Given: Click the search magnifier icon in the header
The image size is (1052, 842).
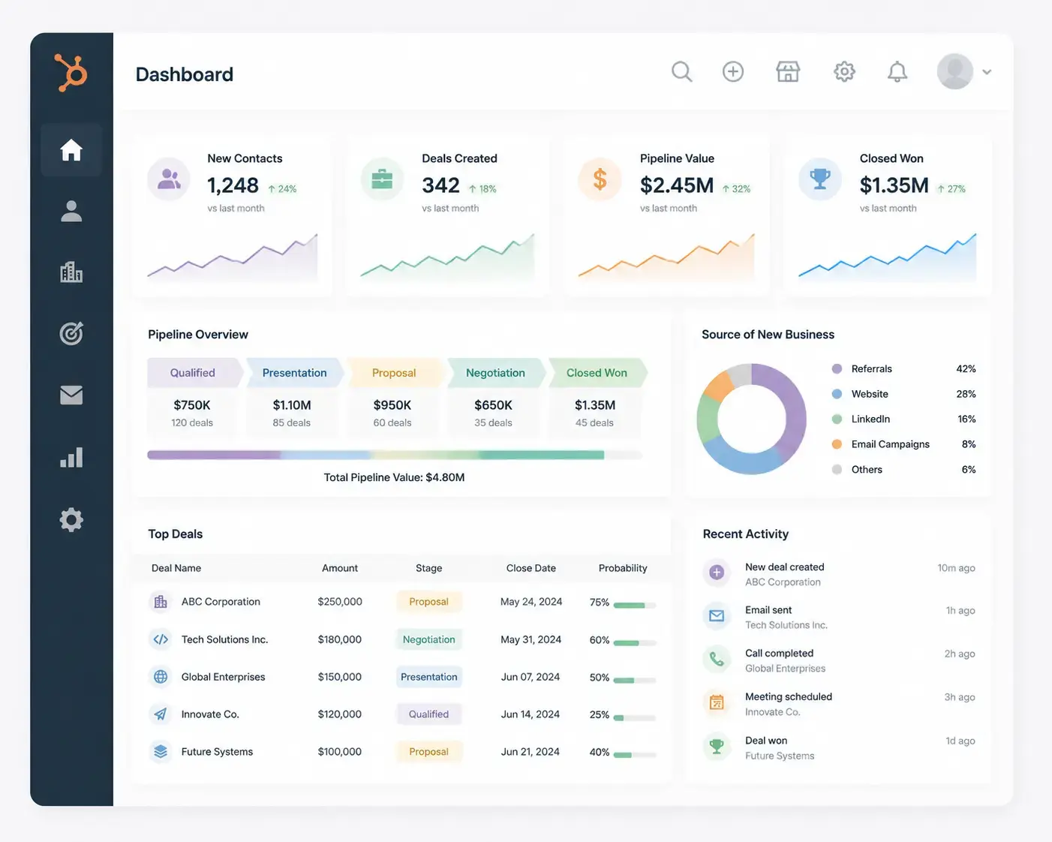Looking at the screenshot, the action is tap(682, 72).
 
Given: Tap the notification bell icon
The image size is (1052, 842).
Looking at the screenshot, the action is tap(897, 72).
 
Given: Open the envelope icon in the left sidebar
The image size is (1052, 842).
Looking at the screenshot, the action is tap(71, 395).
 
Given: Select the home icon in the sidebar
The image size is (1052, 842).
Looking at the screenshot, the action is tap(71, 149).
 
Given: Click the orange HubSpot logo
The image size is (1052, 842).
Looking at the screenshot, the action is tap(71, 72).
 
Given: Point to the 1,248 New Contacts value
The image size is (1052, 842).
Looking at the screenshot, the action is tap(233, 185).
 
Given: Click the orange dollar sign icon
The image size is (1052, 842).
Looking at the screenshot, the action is tap(600, 179).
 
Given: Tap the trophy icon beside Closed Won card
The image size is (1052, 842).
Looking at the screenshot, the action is tap(820, 179).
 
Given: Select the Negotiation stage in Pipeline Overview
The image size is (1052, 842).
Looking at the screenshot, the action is tap(495, 372).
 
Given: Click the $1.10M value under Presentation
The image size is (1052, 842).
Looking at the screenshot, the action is tap(292, 404).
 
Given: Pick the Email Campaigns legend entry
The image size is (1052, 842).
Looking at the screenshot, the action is tap(890, 444).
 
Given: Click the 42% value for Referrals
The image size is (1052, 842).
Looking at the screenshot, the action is tap(966, 368).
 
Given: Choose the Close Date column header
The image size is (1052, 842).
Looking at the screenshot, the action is tap(531, 567).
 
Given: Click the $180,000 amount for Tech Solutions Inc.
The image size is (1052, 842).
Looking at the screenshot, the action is tap(340, 639).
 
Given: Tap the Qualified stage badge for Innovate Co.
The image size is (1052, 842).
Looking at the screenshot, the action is tap(428, 714).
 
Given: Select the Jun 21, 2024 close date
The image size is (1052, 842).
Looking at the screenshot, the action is tap(530, 751).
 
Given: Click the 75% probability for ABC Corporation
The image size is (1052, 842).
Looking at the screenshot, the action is tap(600, 602).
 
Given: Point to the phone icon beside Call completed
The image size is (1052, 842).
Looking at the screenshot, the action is tap(717, 659).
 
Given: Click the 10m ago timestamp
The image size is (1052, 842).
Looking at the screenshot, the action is tap(956, 567).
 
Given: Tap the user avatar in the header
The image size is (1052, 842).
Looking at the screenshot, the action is tap(954, 71).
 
